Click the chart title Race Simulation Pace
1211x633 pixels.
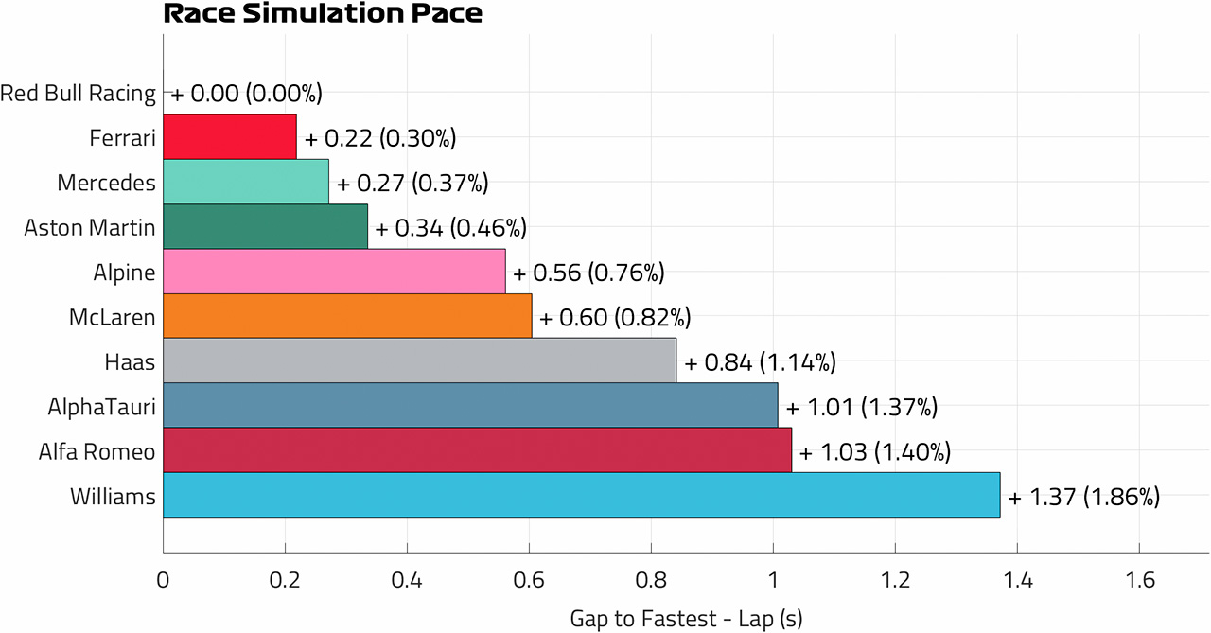click(x=323, y=13)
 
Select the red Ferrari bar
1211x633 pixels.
click(x=230, y=137)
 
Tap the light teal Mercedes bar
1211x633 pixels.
click(x=246, y=182)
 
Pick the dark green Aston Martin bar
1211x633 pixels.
click(x=266, y=226)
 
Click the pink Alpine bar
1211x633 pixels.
click(x=334, y=272)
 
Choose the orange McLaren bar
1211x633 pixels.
click(x=347, y=316)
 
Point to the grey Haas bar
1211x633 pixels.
click(x=419, y=360)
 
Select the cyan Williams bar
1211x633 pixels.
click(x=582, y=495)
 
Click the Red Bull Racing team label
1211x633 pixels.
click(x=78, y=93)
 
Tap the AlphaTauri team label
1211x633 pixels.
click(x=101, y=407)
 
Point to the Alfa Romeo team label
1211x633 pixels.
click(x=97, y=451)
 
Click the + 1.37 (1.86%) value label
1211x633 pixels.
click(x=1084, y=497)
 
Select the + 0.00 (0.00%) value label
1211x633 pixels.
click(x=247, y=94)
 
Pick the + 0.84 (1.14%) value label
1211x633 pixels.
click(x=760, y=362)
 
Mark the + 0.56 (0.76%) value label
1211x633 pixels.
click(x=588, y=273)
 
